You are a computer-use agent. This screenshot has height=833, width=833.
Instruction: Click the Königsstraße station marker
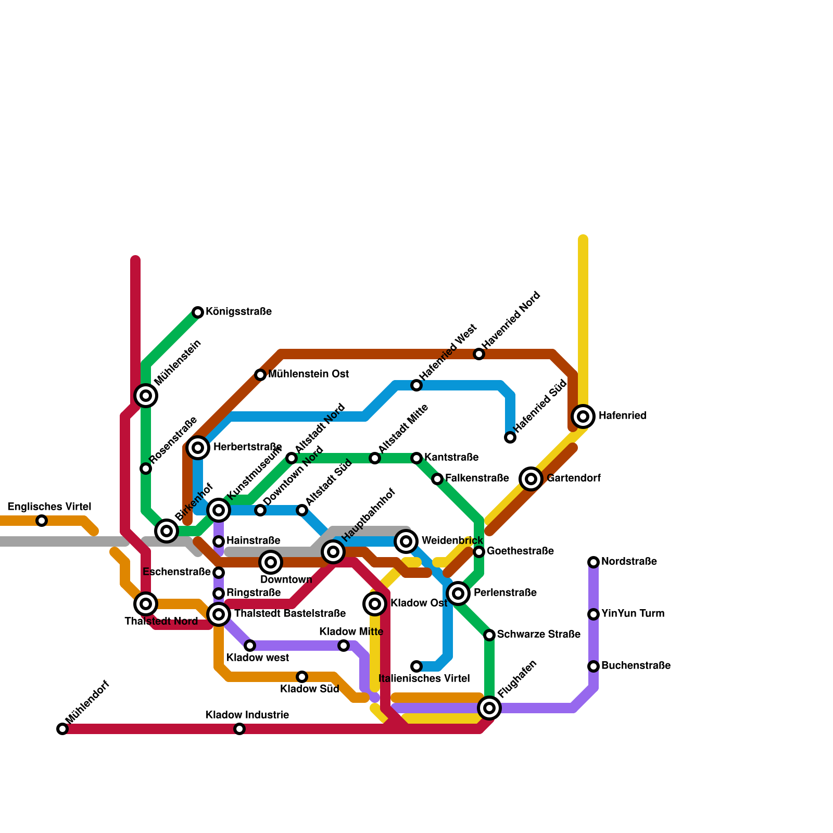click(198, 312)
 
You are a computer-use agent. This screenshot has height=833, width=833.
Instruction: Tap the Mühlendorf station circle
click(62, 729)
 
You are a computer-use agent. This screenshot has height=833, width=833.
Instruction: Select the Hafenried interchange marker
click(583, 416)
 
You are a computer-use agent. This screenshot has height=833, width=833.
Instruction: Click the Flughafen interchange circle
click(489, 708)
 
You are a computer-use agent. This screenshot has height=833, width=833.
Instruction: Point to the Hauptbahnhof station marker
click(333, 552)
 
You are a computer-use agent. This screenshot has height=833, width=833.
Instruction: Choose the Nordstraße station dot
click(594, 562)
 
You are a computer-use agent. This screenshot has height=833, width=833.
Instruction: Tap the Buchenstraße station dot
click(594, 666)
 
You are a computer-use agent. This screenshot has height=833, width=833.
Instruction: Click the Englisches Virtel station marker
click(42, 521)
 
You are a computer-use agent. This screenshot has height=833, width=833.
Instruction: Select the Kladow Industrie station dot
click(239, 729)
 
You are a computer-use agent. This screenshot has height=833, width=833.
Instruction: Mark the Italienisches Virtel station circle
click(416, 666)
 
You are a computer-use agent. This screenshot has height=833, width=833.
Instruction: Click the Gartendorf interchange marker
click(531, 479)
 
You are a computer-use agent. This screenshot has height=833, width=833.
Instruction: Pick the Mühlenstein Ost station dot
click(260, 375)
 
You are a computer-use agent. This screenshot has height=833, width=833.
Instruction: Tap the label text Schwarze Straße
click(538, 635)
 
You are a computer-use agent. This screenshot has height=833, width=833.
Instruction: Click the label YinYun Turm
click(633, 614)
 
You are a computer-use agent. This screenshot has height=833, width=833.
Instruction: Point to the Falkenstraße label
click(476, 478)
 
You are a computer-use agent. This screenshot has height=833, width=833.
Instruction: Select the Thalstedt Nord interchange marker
click(146, 604)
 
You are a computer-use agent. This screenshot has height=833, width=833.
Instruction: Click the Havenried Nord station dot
click(479, 354)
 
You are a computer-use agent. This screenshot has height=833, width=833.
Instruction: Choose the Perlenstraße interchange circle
click(458, 594)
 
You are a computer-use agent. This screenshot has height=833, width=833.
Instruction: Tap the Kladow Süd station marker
click(302, 677)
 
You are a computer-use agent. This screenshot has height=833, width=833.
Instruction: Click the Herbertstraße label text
click(247, 447)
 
